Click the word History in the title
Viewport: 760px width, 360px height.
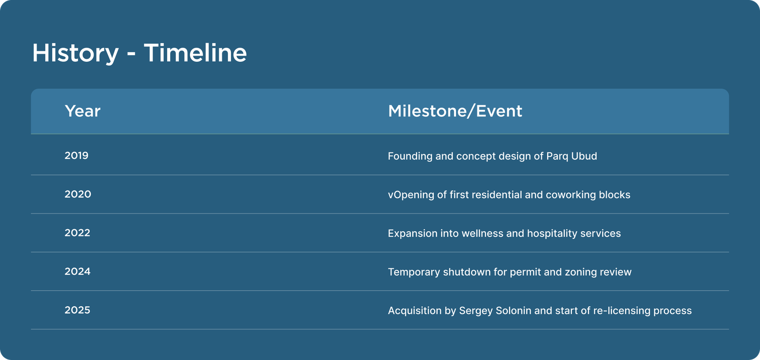[x=76, y=53]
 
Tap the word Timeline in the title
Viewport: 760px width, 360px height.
[x=195, y=53]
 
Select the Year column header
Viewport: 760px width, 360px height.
[x=83, y=111]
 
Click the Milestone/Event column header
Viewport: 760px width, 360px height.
[x=455, y=111]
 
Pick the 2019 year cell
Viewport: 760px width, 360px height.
[x=76, y=155]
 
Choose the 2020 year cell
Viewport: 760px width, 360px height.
[x=78, y=194]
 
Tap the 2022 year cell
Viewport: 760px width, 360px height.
[x=77, y=233]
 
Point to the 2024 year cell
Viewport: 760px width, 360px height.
[x=77, y=272]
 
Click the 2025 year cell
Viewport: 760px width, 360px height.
[x=77, y=310]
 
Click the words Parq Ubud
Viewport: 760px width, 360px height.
[x=572, y=156]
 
